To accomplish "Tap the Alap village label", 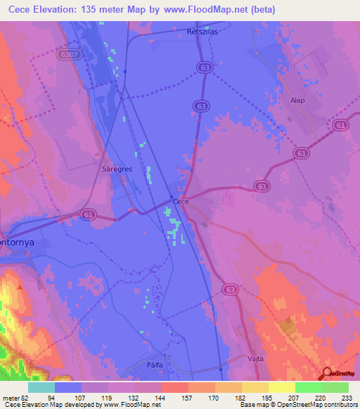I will point(297,100).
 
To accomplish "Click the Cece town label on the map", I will point(181,201).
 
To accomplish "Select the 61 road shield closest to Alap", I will point(342,125).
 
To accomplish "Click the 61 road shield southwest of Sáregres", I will point(87,216).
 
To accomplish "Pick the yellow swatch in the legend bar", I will point(282,387).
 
